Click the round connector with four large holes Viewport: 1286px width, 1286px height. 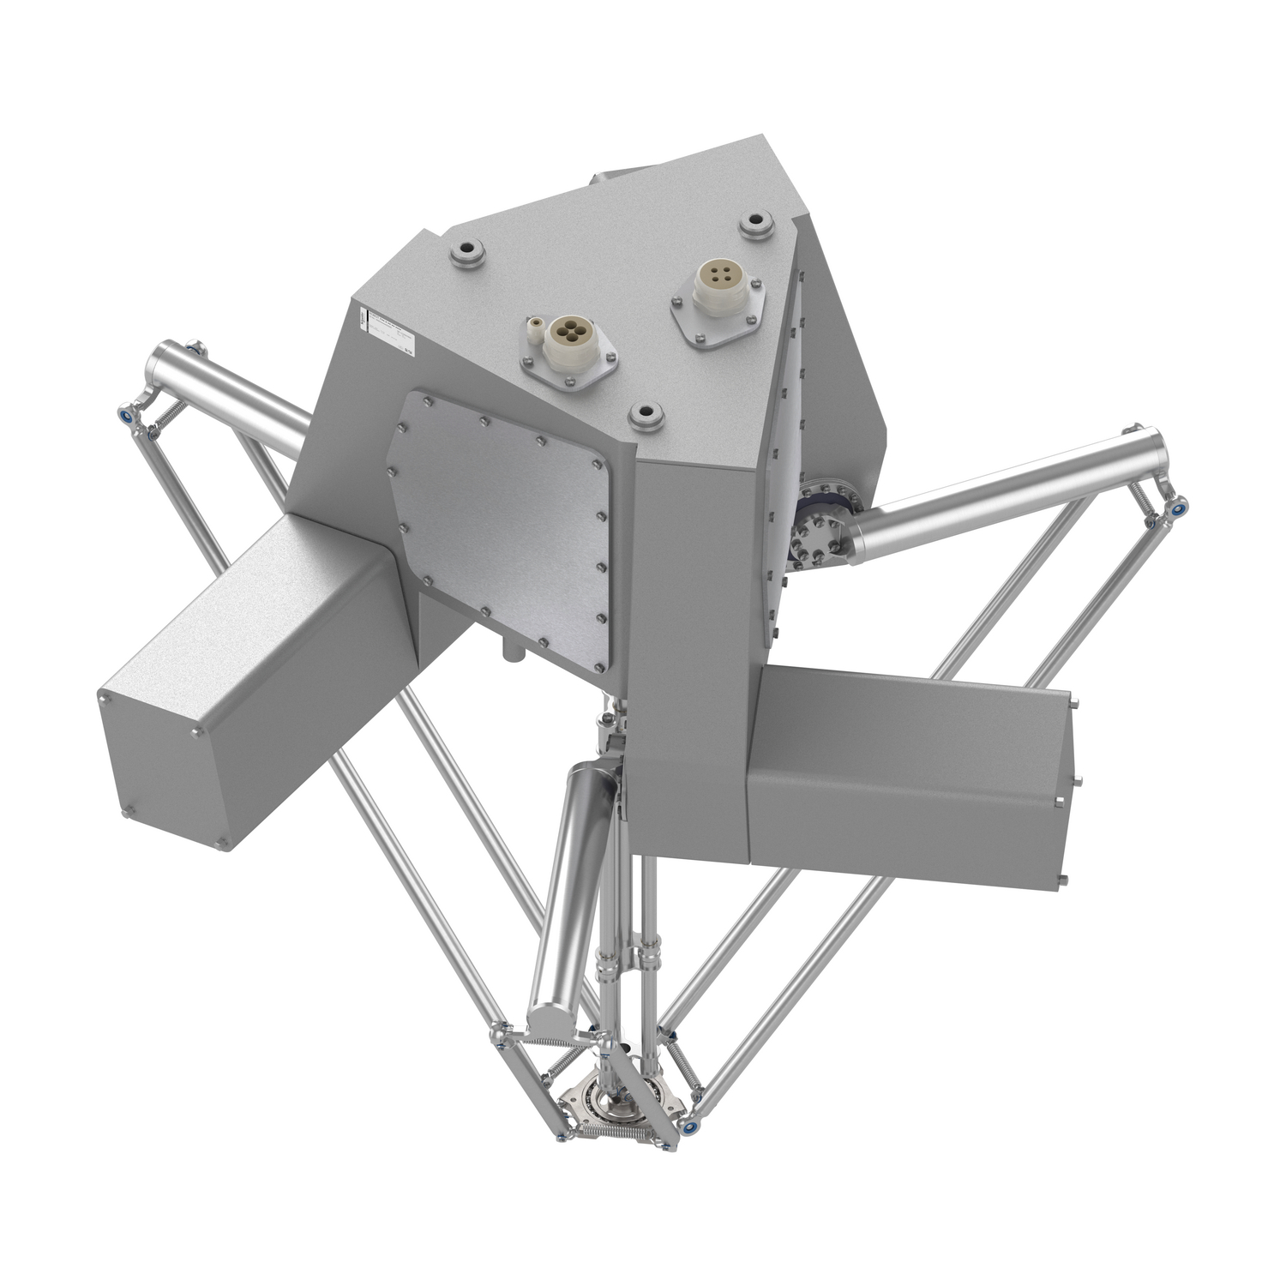point(568,333)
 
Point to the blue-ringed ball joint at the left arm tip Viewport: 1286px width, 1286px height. point(126,414)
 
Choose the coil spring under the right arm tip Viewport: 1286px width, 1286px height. point(1144,497)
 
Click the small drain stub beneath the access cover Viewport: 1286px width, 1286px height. point(512,655)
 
